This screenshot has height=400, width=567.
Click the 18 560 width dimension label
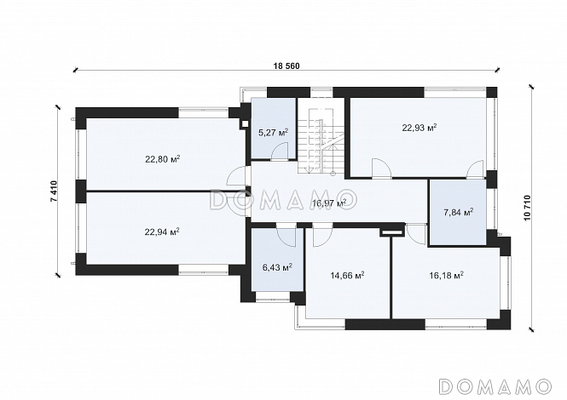(287, 66)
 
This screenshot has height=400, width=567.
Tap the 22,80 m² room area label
(163, 159)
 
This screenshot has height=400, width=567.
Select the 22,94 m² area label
(162, 231)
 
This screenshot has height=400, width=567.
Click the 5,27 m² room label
(274, 132)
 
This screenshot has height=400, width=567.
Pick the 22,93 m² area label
(419, 128)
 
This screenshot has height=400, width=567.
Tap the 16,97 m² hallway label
(329, 203)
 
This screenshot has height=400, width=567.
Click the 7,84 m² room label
(459, 212)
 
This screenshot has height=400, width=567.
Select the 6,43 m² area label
(277, 267)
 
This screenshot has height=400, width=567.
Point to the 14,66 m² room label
(347, 276)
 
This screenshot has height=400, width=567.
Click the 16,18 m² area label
(447, 276)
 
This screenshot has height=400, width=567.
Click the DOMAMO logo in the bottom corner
(495, 386)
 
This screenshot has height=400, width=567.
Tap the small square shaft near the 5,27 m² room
(246, 123)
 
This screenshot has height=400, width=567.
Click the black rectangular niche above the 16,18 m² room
(391, 233)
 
